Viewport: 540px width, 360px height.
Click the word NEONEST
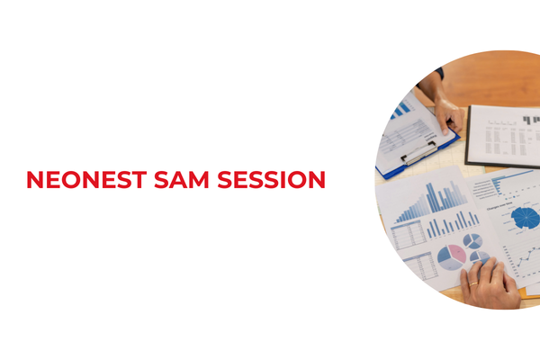(x=87, y=180)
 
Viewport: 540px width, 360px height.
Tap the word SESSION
(x=274, y=180)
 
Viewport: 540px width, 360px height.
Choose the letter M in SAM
(x=204, y=180)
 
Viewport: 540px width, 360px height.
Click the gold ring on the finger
(x=473, y=284)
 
